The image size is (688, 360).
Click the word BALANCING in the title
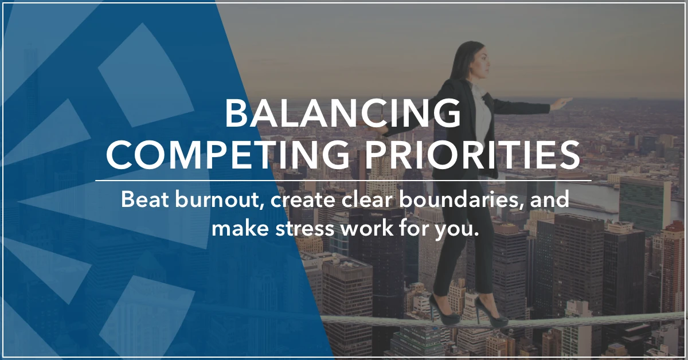(343, 113)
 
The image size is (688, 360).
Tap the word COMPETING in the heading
(228, 155)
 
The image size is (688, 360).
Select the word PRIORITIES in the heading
(472, 155)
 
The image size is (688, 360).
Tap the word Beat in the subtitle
(144, 199)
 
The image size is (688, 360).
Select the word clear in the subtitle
(367, 199)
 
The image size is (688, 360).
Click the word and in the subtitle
(549, 199)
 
